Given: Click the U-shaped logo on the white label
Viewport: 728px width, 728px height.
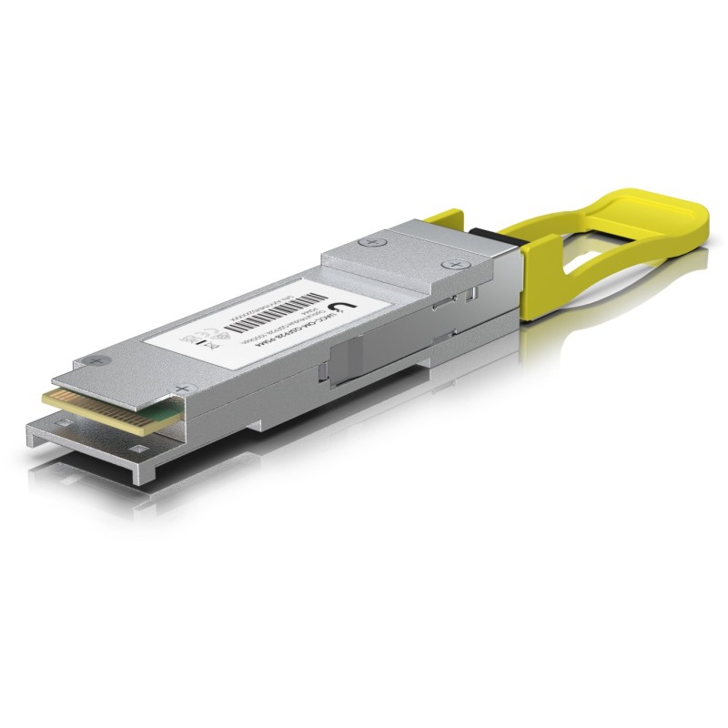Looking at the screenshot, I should pos(344,310).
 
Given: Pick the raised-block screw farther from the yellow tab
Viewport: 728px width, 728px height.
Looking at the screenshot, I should pos(368,243).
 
